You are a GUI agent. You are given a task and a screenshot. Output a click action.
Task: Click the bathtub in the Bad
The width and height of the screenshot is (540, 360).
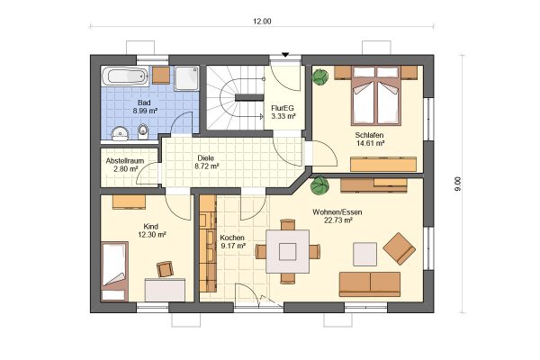point(125,76)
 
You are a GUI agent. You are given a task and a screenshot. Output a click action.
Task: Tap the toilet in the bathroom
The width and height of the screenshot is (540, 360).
point(142,131)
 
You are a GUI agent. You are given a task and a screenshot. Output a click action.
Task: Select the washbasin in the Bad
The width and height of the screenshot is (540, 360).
point(121,133)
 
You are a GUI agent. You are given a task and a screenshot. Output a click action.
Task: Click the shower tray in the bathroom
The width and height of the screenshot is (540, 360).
point(186,78)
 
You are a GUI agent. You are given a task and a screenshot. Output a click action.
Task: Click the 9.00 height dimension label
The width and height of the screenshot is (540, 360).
point(458,184)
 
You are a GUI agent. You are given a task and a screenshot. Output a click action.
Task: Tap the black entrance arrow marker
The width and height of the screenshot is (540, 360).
point(285,54)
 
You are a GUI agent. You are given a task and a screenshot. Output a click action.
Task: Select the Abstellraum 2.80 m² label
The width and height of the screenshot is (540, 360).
point(125,165)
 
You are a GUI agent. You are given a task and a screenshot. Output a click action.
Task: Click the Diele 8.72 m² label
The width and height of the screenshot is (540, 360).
point(206,162)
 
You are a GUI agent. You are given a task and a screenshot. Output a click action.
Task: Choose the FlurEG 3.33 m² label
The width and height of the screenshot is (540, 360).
point(283,112)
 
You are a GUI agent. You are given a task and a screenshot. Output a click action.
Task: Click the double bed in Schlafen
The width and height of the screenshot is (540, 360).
point(376,95)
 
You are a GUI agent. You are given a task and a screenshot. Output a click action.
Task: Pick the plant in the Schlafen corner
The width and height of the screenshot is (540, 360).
point(320,76)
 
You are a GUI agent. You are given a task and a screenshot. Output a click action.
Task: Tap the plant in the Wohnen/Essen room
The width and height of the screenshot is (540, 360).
point(319,185)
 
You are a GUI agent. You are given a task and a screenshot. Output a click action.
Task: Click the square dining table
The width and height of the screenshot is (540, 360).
point(288,251)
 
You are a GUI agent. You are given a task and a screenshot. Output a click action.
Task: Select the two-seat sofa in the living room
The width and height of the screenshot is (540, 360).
point(370,284)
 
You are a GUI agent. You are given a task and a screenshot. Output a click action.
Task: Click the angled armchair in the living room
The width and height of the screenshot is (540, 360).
point(400,248)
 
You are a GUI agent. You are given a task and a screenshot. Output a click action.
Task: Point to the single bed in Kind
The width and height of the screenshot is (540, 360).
point(114,271)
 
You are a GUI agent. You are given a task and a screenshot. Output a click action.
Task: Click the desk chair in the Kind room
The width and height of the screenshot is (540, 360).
point(165,269)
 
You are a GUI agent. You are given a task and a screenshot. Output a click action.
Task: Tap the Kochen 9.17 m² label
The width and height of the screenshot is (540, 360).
point(232,242)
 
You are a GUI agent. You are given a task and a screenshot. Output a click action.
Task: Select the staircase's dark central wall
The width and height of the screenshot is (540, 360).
point(249,97)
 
